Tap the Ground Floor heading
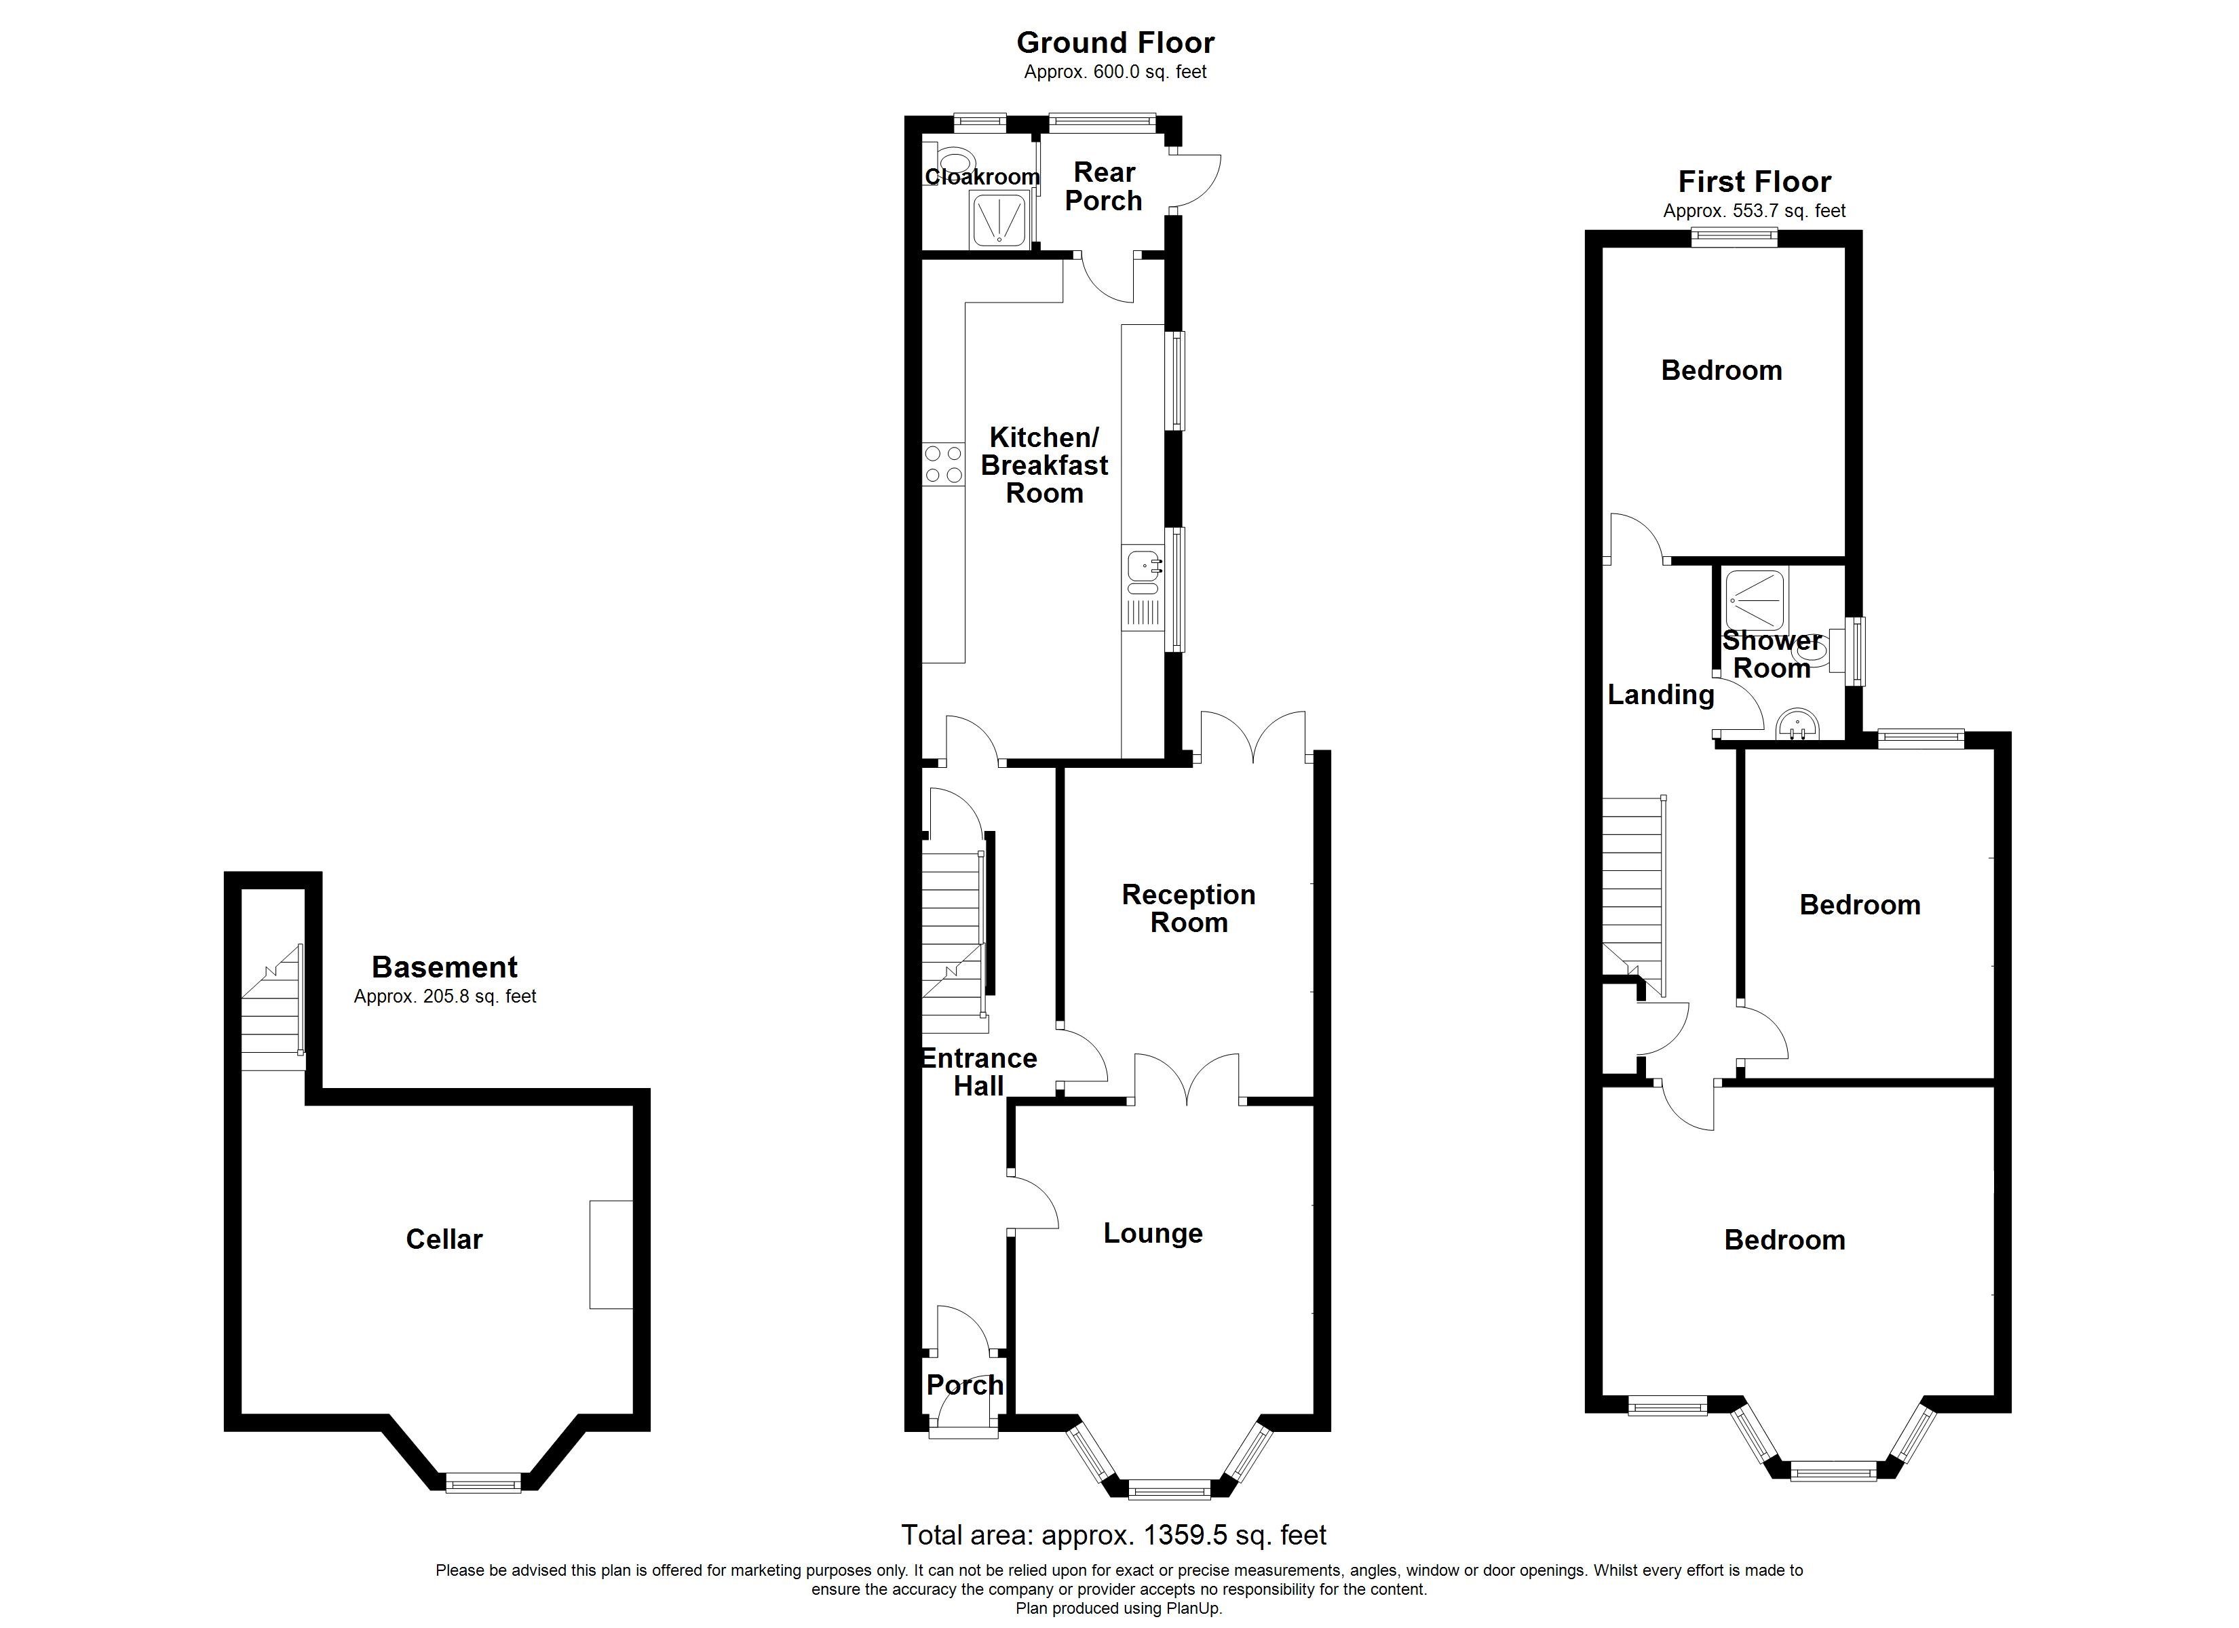[x=1115, y=43]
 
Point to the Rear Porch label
[x=1104, y=187]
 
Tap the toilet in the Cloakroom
[x=953, y=161]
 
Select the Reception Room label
[x=1189, y=908]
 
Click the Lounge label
[x=1153, y=1233]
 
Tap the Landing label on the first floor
[x=1660, y=695]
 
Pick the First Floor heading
[x=1755, y=182]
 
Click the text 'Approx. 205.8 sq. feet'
[x=444, y=997]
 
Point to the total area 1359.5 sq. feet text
[x=1113, y=1535]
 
